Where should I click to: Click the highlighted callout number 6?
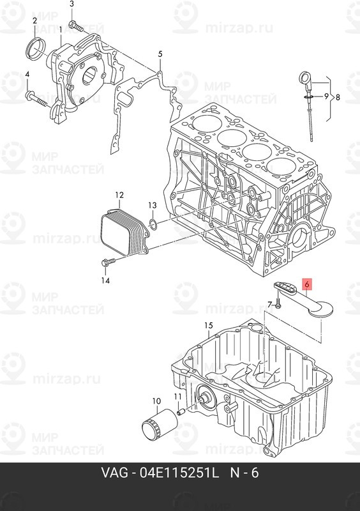(x=307, y=284)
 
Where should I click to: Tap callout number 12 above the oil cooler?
(x=119, y=195)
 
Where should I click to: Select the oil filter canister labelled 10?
(x=160, y=425)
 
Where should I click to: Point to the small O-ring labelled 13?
(x=153, y=223)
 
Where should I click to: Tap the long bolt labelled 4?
(x=38, y=99)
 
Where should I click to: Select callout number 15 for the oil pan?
(x=209, y=325)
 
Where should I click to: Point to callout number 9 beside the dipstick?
(x=326, y=96)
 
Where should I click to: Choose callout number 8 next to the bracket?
(x=338, y=97)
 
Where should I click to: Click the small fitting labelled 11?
(x=181, y=412)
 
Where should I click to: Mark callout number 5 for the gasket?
(x=160, y=54)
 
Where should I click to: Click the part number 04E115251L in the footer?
(x=179, y=473)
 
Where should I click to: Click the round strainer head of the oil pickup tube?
(x=322, y=309)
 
